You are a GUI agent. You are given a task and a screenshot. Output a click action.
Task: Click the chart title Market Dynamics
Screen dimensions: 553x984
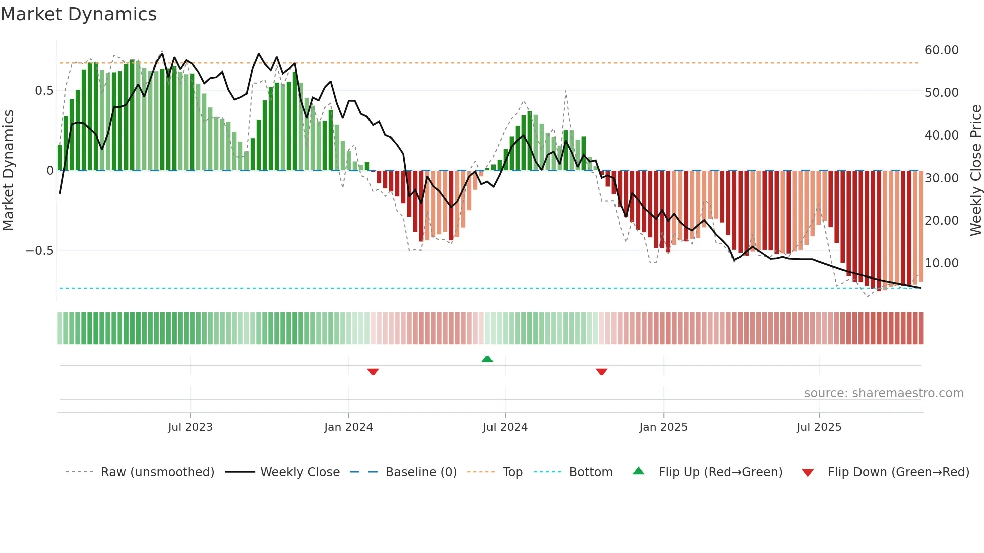point(78,14)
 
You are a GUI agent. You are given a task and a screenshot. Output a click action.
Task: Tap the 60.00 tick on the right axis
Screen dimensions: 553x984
point(941,50)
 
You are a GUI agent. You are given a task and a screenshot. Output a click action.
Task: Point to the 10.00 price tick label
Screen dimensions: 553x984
point(941,263)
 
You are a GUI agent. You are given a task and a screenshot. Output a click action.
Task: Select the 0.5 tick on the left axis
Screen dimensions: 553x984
point(44,91)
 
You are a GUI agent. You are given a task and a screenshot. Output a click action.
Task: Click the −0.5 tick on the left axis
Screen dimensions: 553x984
point(39,251)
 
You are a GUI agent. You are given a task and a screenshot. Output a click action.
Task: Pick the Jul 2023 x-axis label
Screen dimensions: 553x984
point(190,427)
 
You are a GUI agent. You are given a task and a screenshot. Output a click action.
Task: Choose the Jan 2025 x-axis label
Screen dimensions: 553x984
point(663,427)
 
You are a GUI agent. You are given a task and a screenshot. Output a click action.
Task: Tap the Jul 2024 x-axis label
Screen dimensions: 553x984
point(505,427)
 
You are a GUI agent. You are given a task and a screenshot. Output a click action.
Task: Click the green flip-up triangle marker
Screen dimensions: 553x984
point(487,359)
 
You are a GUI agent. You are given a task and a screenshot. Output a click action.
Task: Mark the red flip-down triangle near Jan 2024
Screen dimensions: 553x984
point(373,372)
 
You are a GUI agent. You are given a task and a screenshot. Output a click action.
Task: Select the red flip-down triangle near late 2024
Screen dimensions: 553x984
point(601,372)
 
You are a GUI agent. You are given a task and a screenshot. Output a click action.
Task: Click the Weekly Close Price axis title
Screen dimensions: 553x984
point(975,170)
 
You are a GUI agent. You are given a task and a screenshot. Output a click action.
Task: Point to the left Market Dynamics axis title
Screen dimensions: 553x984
point(8,170)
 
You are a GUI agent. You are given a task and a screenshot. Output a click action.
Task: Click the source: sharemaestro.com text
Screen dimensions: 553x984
point(884,393)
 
